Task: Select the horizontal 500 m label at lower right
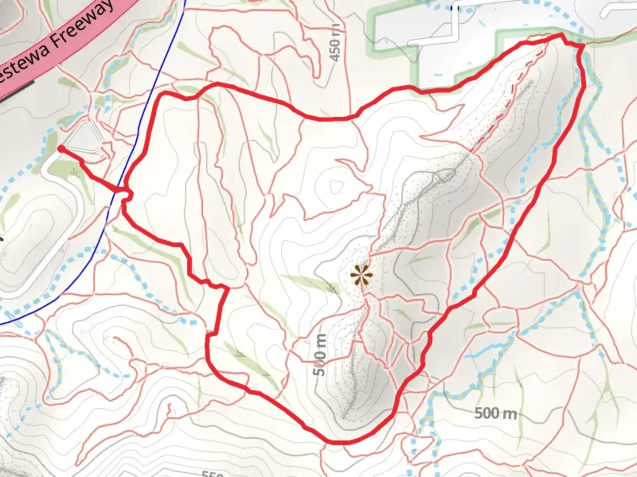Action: click(495, 413)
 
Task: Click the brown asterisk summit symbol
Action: click(361, 276)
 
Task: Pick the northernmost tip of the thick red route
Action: click(560, 35)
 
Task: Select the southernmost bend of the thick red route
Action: click(336, 441)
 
